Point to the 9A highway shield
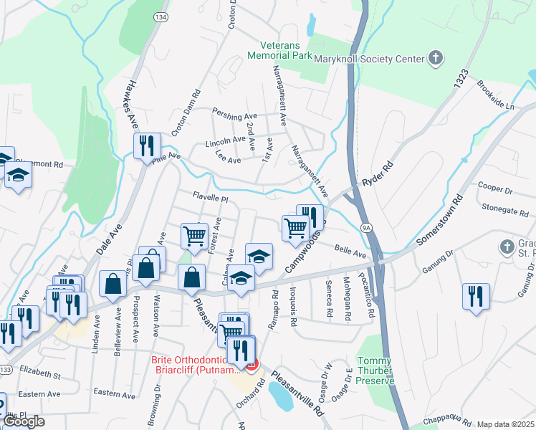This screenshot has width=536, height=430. tap(366, 228)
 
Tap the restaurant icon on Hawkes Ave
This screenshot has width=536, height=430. tap(146, 145)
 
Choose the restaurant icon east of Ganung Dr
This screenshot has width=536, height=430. tap(476, 295)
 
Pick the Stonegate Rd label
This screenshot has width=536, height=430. tap(505, 211)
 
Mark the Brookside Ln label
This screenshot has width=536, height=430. tap(495, 101)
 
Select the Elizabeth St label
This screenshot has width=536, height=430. tap(40, 372)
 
